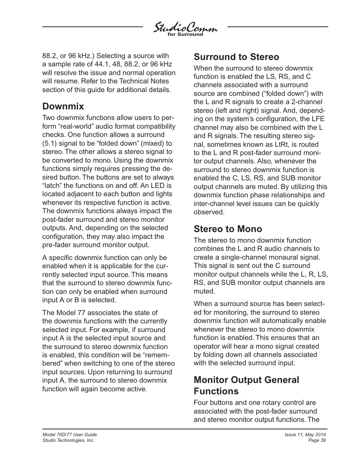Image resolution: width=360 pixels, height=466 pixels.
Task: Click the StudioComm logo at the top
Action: (x=185, y=28)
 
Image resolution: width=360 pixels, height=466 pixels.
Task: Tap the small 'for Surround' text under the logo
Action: (x=185, y=35)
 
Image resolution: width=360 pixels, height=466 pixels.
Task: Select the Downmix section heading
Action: (x=63, y=106)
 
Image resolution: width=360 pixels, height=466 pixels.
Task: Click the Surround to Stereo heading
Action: (x=236, y=57)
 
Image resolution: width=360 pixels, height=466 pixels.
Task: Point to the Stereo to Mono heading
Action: (x=228, y=229)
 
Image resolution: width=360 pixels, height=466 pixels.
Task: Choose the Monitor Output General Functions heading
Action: (x=246, y=385)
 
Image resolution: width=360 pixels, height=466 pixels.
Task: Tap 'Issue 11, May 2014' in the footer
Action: (x=305, y=435)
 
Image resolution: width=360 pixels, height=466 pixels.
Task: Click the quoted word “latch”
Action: (x=52, y=186)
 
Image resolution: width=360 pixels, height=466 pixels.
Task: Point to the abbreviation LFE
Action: (x=317, y=119)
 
